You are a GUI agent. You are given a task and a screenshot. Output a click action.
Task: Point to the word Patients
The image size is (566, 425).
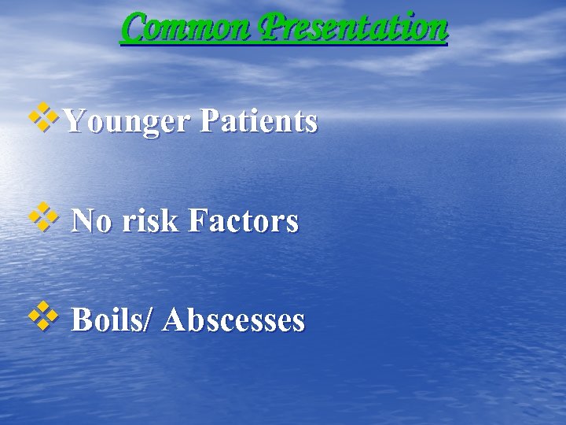(x=259, y=121)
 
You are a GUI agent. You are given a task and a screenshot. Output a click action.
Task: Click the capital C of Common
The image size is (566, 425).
(x=135, y=28)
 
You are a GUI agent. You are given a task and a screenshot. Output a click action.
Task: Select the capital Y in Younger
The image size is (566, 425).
(x=74, y=121)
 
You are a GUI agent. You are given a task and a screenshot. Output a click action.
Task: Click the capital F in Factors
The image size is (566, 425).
(x=197, y=221)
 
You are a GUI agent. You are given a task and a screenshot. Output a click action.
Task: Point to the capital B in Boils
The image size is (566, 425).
(x=82, y=320)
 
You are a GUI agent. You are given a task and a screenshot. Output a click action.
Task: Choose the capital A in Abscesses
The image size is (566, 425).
(x=175, y=320)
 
